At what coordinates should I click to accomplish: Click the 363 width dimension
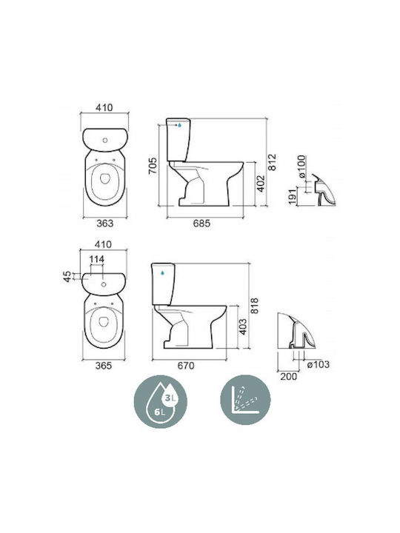pyautogui.click(x=104, y=224)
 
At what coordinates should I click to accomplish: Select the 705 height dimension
pyautogui.click(x=153, y=166)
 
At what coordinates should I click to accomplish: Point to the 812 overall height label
pyautogui.click(x=272, y=162)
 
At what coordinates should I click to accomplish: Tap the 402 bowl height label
pyautogui.click(x=260, y=184)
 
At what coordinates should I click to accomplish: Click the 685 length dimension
pyautogui.click(x=201, y=224)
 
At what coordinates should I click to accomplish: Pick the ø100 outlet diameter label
pyautogui.click(x=302, y=167)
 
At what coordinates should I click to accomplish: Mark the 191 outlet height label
pyautogui.click(x=293, y=197)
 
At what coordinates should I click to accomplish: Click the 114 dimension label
pyautogui.click(x=96, y=259)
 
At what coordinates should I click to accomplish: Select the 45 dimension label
pyautogui.click(x=68, y=276)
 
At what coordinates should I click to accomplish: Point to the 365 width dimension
pyautogui.click(x=104, y=366)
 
